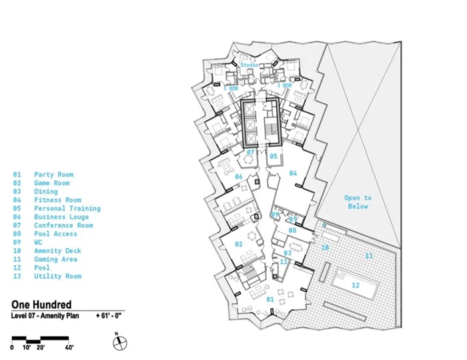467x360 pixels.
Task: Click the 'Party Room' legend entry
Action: tap(53, 175)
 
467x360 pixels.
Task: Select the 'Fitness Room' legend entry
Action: tap(57, 200)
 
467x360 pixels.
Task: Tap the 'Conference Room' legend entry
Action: tap(63, 225)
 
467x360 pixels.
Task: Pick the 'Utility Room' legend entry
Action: tap(57, 276)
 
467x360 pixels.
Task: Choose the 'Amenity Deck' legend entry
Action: tap(57, 251)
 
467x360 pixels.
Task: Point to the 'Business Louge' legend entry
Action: tap(61, 217)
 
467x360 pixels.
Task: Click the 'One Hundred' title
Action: tap(41, 305)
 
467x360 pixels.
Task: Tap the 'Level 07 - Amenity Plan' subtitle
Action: tap(45, 315)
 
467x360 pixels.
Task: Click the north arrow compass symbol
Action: tap(119, 342)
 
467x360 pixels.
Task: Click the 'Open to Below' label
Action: tap(358, 202)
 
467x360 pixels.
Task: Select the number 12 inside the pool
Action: tap(356, 285)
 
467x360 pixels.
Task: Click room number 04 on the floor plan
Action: tap(293, 173)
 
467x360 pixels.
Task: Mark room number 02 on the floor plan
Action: tap(239, 245)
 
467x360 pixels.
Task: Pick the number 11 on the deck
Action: tap(369, 256)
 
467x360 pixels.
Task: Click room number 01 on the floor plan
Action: tap(270, 299)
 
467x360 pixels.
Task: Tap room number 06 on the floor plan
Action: tap(238, 177)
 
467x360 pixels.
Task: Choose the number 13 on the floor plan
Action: tap(284, 262)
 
